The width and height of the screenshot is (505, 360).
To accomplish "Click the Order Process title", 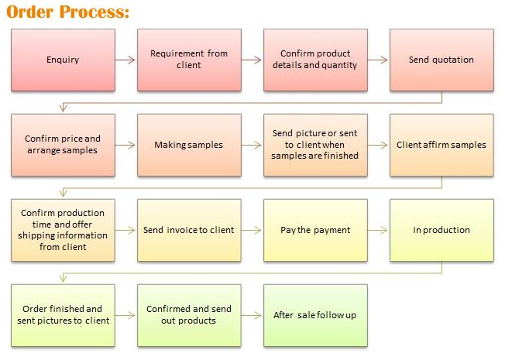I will (x=67, y=12).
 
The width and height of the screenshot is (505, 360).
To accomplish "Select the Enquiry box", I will (x=63, y=60).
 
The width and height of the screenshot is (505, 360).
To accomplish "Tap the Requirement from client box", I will (x=189, y=60).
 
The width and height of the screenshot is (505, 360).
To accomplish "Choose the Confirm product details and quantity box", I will (x=315, y=60).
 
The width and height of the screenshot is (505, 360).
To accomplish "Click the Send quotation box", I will (x=441, y=60).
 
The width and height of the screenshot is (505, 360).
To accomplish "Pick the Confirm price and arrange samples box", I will (x=63, y=145).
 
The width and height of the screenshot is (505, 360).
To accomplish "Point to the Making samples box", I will (x=189, y=145).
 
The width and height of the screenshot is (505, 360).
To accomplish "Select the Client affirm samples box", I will (x=441, y=145).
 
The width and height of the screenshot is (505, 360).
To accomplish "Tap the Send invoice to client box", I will (x=189, y=230).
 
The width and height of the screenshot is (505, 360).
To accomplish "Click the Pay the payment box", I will (x=315, y=230).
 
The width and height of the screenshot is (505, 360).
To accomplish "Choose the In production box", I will (x=441, y=230).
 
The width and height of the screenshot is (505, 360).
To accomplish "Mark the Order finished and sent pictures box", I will (x=63, y=315).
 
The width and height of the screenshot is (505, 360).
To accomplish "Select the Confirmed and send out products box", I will (x=189, y=315).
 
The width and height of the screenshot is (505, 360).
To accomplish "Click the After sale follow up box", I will (x=315, y=315).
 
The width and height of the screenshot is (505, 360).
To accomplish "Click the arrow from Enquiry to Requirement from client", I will (x=126, y=60).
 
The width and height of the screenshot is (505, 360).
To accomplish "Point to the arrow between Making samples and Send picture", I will (x=252, y=145).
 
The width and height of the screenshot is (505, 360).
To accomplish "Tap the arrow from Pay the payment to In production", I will (x=379, y=230).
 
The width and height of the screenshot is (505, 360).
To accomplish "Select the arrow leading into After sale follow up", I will (x=252, y=315).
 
